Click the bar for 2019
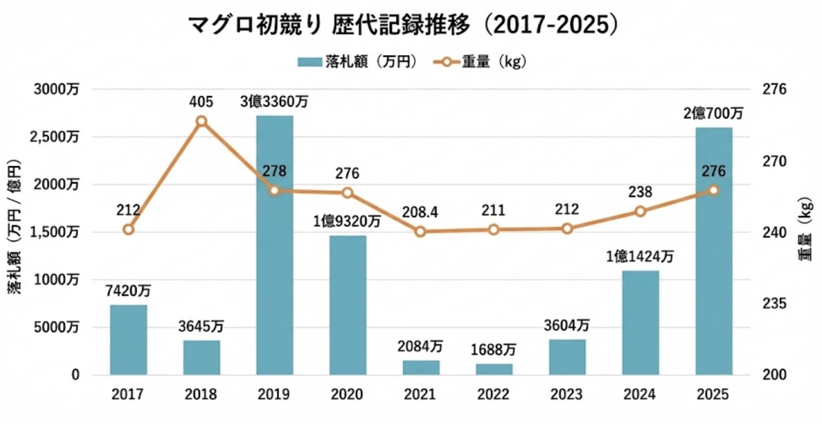pyautogui.click(x=275, y=245)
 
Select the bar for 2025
pyautogui.click(x=713, y=251)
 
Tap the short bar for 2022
pyautogui.click(x=494, y=369)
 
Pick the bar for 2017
pyautogui.click(x=128, y=340)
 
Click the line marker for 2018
pyautogui.click(x=201, y=122)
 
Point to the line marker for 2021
pyautogui.click(x=420, y=231)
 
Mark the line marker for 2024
pyautogui.click(x=640, y=211)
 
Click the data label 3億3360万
pyautogui.click(x=275, y=102)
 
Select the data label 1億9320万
pyautogui.click(x=347, y=221)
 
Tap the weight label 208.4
pyautogui.click(x=420, y=212)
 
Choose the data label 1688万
pyautogui.click(x=493, y=350)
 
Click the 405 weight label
pyautogui.click(x=201, y=102)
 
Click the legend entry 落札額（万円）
pyautogui.click(x=357, y=62)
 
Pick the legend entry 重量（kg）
pyautogui.click(x=481, y=62)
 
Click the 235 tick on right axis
pyautogui.click(x=774, y=303)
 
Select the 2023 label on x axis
pyautogui.click(x=566, y=394)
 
